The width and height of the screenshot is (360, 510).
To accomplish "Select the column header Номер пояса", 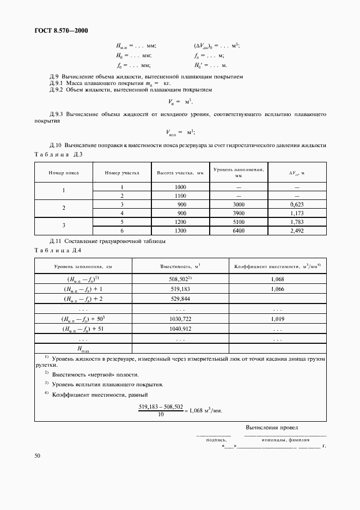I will [x=64, y=173].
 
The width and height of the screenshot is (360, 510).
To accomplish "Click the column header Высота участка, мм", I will [x=180, y=173].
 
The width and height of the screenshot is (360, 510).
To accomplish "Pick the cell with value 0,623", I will [x=296, y=204].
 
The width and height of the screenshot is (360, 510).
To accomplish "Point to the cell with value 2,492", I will [x=296, y=230].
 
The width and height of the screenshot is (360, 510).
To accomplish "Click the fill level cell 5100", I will [x=239, y=222].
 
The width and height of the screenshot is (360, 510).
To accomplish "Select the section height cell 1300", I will [x=180, y=230].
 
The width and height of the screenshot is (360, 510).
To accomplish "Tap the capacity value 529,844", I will [x=180, y=299].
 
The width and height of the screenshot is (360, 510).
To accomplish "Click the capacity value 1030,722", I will [x=180, y=319].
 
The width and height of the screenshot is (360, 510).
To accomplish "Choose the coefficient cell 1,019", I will [x=277, y=319].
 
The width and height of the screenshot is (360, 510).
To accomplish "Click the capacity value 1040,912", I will [x=180, y=329].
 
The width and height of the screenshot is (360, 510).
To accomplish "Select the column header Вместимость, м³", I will [x=180, y=266].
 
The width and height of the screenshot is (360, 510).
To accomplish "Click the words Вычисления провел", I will [x=272, y=428].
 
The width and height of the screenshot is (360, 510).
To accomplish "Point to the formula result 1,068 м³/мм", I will [x=206, y=411].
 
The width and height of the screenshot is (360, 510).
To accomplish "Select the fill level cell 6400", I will [x=239, y=230].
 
